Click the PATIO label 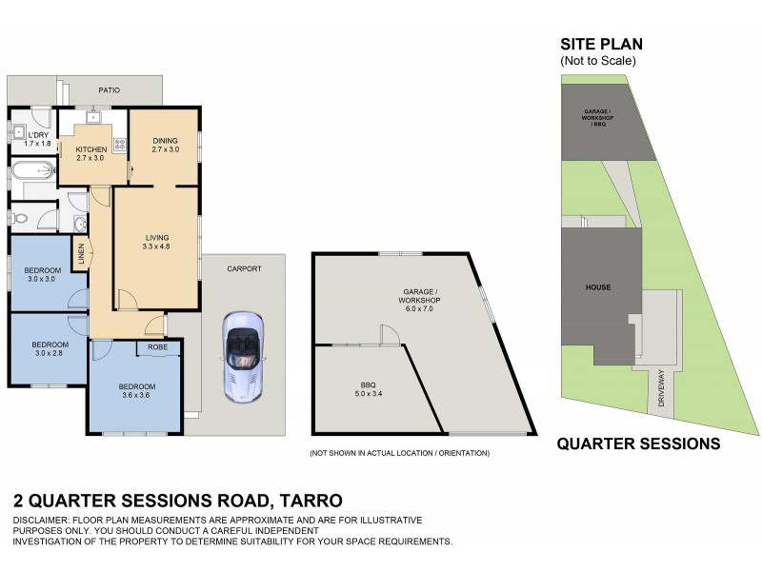coord(109,90)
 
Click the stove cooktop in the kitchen coord(120,145)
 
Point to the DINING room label coord(166,145)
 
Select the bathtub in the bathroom coord(31,173)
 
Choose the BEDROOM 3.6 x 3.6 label coord(137,390)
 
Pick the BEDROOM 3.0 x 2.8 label coord(50,348)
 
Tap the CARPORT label coord(243,268)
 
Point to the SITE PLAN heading coord(601,44)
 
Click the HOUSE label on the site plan coord(598,286)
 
